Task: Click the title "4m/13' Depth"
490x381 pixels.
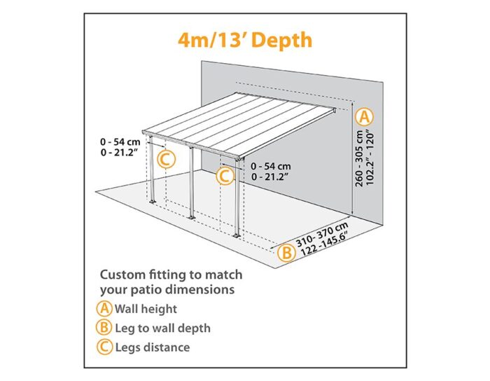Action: tap(245, 41)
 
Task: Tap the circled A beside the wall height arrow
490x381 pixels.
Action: tap(365, 117)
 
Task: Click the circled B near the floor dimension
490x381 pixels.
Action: tap(286, 252)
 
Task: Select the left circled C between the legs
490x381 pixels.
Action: tap(166, 160)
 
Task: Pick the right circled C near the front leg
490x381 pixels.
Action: tap(225, 176)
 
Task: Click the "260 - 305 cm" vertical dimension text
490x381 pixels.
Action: tap(359, 158)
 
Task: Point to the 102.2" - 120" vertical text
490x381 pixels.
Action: tap(370, 158)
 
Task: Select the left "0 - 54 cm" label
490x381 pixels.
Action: tap(120, 142)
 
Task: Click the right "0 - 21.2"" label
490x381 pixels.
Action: tap(269, 177)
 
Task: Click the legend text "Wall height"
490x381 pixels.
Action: tap(146, 309)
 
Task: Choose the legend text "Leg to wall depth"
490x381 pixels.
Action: tap(163, 328)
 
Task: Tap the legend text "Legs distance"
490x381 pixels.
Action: tap(153, 347)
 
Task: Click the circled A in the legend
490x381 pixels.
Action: tap(104, 308)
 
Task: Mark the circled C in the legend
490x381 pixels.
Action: tap(104, 347)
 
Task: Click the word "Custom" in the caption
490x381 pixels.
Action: tap(122, 275)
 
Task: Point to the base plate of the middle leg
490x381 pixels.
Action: tap(190, 217)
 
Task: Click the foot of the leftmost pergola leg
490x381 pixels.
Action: tap(153, 202)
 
